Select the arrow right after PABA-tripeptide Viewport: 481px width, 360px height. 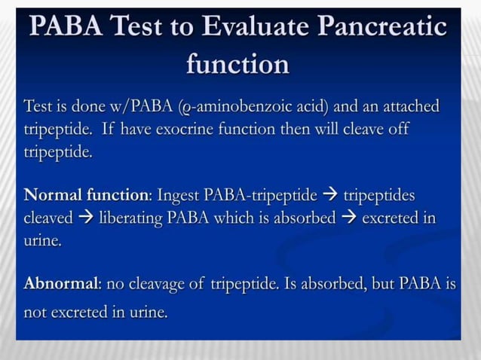coord(329,196)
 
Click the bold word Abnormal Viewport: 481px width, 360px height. coord(62,285)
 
